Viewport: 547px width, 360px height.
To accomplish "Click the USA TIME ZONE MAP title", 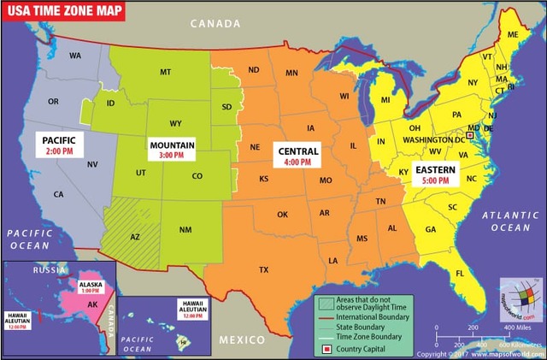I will (x=63, y=11).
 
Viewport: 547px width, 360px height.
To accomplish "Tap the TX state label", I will (x=263, y=269).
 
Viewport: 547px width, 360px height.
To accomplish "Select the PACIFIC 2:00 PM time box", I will (x=59, y=144).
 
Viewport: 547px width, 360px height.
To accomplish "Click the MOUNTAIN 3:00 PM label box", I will (x=172, y=150).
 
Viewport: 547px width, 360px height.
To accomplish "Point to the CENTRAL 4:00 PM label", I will (x=298, y=156).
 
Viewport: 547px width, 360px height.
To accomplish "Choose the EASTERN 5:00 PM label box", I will (x=435, y=175).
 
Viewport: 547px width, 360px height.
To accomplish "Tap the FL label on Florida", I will (x=460, y=273).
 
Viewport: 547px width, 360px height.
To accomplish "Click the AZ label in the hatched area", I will (x=135, y=237).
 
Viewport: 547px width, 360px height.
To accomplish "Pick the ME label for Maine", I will (x=513, y=34).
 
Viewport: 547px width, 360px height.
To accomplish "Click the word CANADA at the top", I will (x=215, y=25).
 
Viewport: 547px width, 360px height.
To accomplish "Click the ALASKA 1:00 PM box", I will (x=90, y=286).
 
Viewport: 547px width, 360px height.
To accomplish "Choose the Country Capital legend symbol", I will (x=325, y=348).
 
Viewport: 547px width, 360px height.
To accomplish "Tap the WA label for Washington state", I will (x=75, y=56).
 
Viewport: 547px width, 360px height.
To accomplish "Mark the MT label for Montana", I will (x=166, y=73).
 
